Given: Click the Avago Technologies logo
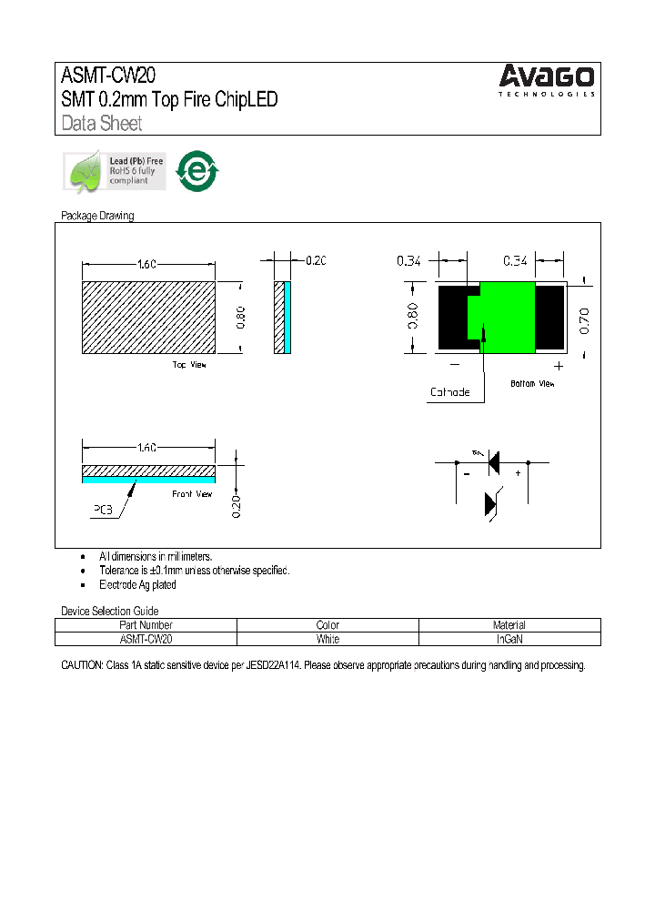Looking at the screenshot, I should coord(547,80).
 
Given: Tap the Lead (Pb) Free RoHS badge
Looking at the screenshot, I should coord(114,171).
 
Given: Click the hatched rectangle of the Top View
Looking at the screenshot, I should coord(148,317).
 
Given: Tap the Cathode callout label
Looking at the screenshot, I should coord(449,392).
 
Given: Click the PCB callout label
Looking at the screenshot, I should coord(102,511).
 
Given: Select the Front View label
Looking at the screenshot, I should coord(192,493).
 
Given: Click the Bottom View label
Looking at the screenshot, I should coord(532,383).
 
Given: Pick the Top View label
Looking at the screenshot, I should coord(189,365).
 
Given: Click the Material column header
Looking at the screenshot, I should coord(509,625).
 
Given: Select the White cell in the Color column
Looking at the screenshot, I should coord(327,639).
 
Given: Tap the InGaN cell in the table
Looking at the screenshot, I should coord(509,639).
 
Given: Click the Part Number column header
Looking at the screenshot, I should coord(146,625).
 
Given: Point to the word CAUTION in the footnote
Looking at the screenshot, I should coord(82,666).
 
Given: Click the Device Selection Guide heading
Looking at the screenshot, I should coord(109,611).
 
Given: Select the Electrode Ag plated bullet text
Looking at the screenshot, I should coord(137,585).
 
